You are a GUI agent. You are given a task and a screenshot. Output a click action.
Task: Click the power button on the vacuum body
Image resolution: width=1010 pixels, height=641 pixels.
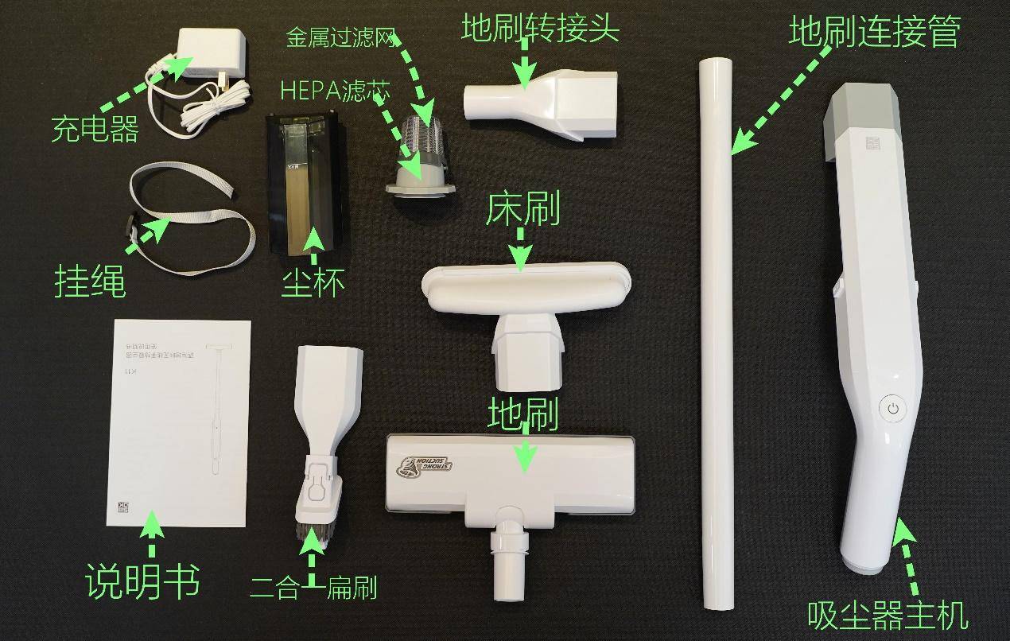(893, 409)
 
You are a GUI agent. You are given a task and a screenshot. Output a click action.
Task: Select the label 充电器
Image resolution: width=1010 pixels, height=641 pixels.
(95, 129)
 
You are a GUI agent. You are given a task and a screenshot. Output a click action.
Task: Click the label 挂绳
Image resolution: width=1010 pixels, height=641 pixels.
(89, 282)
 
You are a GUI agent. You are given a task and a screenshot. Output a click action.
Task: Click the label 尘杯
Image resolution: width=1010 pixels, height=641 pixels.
(313, 283)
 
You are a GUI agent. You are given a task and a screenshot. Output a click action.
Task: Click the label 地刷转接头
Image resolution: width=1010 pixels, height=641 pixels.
(539, 30)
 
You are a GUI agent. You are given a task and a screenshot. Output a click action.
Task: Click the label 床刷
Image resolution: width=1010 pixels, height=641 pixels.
(522, 210)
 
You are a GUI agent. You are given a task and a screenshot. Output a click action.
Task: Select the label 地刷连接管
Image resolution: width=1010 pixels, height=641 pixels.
(874, 32)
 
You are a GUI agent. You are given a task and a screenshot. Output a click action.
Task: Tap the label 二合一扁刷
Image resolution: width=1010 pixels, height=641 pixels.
(313, 589)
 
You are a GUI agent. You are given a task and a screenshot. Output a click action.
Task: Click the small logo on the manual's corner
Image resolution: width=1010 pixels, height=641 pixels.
(122, 507)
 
